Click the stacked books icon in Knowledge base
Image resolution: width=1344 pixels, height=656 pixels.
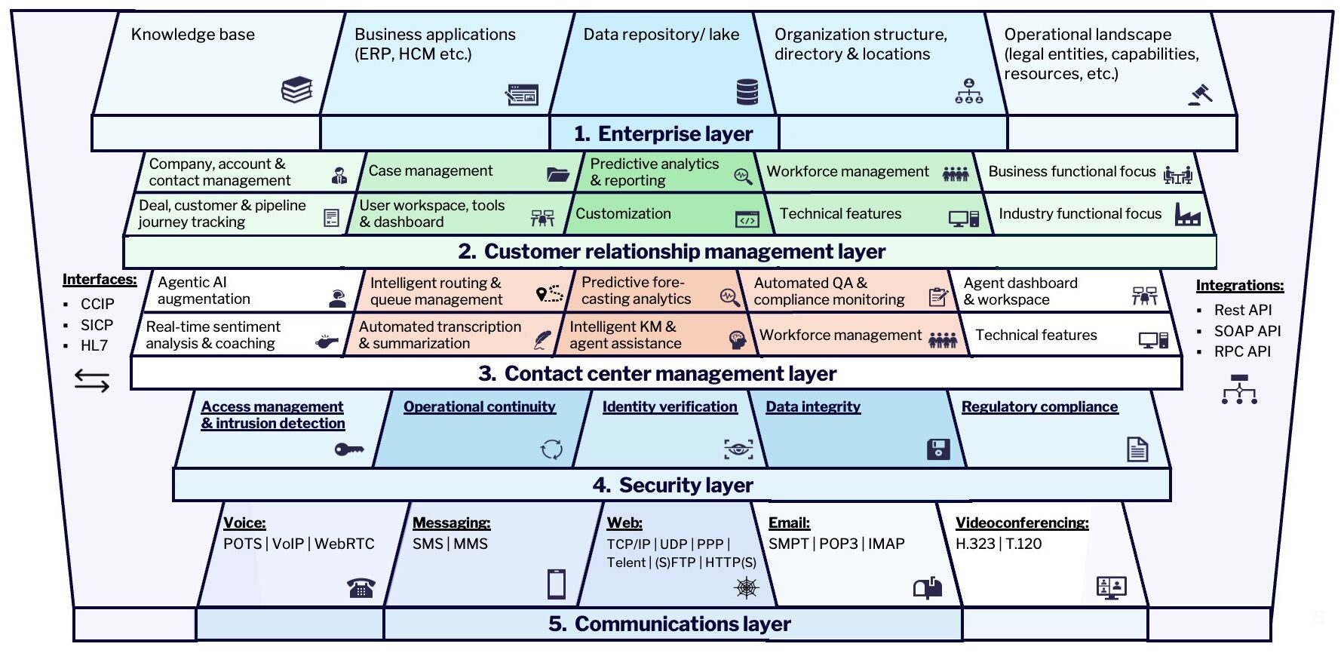296,90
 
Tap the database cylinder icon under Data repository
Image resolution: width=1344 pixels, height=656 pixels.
747,92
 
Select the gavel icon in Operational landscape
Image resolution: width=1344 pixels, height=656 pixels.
1199,94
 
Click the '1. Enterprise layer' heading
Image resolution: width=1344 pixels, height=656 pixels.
663,134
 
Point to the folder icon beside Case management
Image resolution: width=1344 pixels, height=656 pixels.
558,175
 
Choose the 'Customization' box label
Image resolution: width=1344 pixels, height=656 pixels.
623,214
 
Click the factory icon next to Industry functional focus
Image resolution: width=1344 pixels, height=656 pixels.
1187,215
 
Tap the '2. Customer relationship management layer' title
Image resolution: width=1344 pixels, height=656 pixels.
671,252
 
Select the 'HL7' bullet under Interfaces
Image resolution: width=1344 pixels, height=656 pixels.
94,346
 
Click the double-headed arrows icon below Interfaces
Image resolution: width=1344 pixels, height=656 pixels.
92,381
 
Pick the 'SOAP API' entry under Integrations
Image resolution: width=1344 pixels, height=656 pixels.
1247,331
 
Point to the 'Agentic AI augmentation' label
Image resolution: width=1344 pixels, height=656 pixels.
204,291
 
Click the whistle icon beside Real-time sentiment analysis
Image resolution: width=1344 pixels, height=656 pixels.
327,342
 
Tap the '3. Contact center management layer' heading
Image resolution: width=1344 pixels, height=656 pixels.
657,374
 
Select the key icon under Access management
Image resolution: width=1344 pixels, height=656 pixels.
348,449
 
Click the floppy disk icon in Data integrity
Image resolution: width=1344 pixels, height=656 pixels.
937,449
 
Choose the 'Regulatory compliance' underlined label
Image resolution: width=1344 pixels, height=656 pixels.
1039,407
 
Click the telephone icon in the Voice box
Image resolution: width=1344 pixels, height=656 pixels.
361,587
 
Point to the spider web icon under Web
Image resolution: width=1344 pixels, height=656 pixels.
746,587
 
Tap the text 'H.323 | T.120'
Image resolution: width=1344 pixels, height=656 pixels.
998,544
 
